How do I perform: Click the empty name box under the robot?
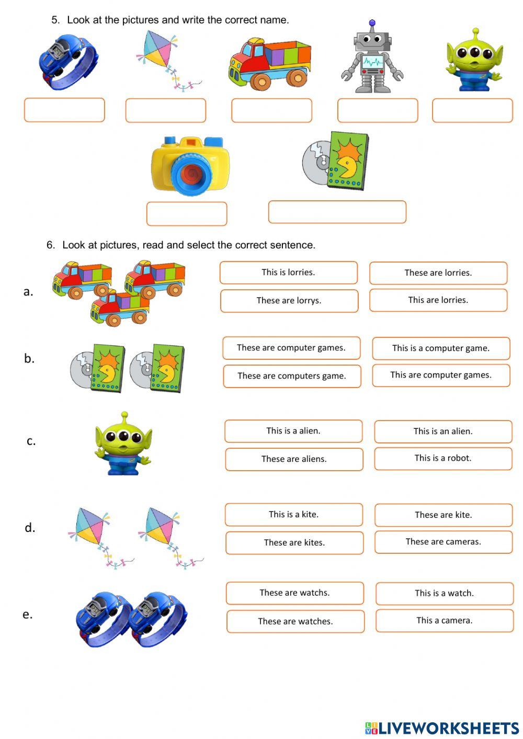[378, 110]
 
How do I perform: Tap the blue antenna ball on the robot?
[372, 23]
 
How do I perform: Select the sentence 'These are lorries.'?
[438, 272]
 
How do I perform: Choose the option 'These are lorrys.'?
[289, 301]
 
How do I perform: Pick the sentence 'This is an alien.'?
[443, 431]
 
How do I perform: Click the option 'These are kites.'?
[294, 543]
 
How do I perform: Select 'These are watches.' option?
[295, 621]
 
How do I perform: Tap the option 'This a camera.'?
[445, 621]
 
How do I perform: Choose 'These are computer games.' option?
[291, 348]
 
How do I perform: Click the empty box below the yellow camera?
[187, 213]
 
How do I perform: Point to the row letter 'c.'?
[31, 441]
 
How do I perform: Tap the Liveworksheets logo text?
[448, 728]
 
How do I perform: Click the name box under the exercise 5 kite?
[166, 110]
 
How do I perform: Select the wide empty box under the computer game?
[337, 212]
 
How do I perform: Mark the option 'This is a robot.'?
[443, 458]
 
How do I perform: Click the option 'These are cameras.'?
[444, 542]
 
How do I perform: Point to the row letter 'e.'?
[28, 615]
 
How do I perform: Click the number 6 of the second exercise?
[50, 245]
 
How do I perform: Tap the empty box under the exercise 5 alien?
[472, 110]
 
